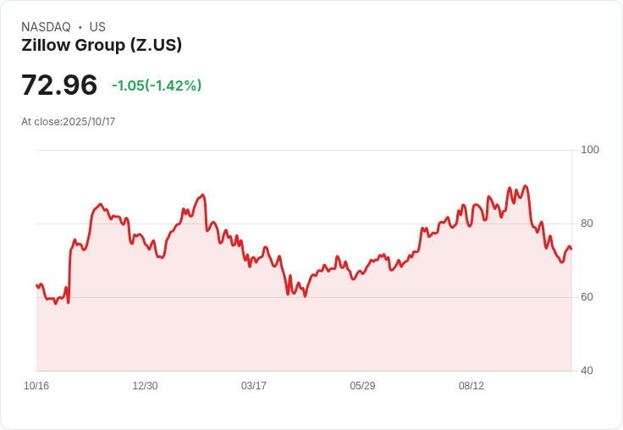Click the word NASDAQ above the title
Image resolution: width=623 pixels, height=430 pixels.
tap(46, 27)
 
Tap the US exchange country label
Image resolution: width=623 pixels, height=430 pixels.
tap(97, 27)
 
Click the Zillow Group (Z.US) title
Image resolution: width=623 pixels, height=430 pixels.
tap(102, 45)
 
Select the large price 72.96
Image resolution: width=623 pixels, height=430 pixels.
tap(59, 85)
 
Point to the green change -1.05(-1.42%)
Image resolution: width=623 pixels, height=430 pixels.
tap(157, 85)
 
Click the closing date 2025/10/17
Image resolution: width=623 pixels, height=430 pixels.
tap(89, 122)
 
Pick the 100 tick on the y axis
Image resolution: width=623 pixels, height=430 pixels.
tap(590, 150)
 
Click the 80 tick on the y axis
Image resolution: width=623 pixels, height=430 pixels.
tap(587, 223)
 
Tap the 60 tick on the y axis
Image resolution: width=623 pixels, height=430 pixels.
tap(587, 297)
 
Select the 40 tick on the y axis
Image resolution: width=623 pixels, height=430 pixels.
tap(587, 371)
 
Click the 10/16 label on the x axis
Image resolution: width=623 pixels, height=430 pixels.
tap(36, 386)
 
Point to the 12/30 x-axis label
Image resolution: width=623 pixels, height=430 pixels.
tap(145, 386)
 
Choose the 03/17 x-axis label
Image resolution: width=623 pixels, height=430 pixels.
tap(254, 386)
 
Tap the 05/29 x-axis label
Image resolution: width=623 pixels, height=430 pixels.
tap(362, 386)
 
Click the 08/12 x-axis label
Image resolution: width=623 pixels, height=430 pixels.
tap(471, 386)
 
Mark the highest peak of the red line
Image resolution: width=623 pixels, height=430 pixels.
tap(526, 185)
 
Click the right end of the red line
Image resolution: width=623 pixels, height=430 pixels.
tap(571, 249)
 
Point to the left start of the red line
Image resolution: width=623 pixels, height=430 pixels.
tap(37, 285)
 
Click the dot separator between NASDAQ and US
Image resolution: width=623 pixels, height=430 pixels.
tap(80, 27)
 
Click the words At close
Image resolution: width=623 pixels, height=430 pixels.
tap(41, 122)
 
